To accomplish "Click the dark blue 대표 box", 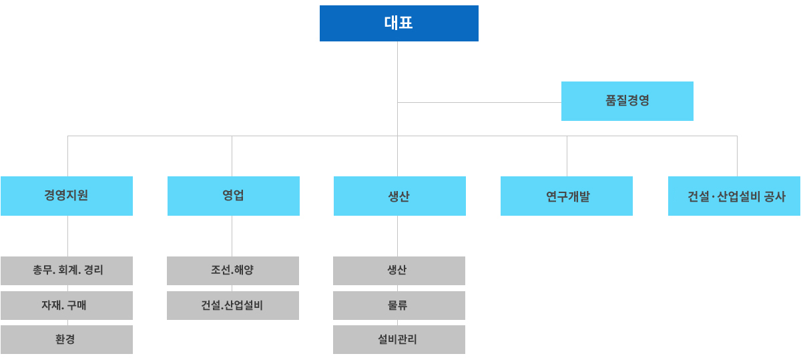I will point(398,23).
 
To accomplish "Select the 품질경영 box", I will point(627,101).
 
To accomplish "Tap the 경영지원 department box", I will point(67,196).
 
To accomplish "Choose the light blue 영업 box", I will point(233,196).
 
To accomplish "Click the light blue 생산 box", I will point(399,196).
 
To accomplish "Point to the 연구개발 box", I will point(567,196).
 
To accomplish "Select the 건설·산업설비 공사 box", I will point(734,196).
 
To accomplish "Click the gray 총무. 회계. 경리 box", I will point(67,271).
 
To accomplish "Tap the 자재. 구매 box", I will point(67,305).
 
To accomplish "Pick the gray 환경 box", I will point(67,339).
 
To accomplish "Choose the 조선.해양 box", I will point(233,271).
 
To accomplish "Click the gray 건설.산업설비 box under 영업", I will point(233,305).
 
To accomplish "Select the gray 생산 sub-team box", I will point(399,271).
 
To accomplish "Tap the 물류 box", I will point(399,305).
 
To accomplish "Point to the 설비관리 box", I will point(399,339).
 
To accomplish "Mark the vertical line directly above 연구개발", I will point(567,156).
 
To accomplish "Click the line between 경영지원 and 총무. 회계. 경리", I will point(67,236).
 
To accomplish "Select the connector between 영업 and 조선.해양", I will point(232,236).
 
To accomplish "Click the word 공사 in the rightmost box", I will point(775,196).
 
